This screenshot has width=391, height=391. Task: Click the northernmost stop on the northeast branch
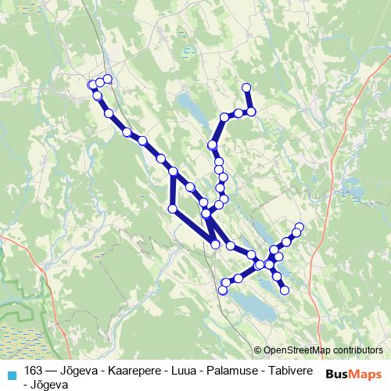coord(246,87)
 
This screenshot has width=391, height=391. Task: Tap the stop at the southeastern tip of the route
coord(285,290)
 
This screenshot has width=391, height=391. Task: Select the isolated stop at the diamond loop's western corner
coord(173,208)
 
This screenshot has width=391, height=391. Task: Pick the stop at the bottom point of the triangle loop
coord(216,245)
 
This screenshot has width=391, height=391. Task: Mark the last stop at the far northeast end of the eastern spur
coord(299,227)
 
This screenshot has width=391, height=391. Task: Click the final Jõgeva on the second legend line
coord(51,384)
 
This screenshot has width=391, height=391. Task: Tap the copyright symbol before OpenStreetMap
coord(258,350)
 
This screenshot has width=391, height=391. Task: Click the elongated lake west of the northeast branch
coord(190,104)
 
